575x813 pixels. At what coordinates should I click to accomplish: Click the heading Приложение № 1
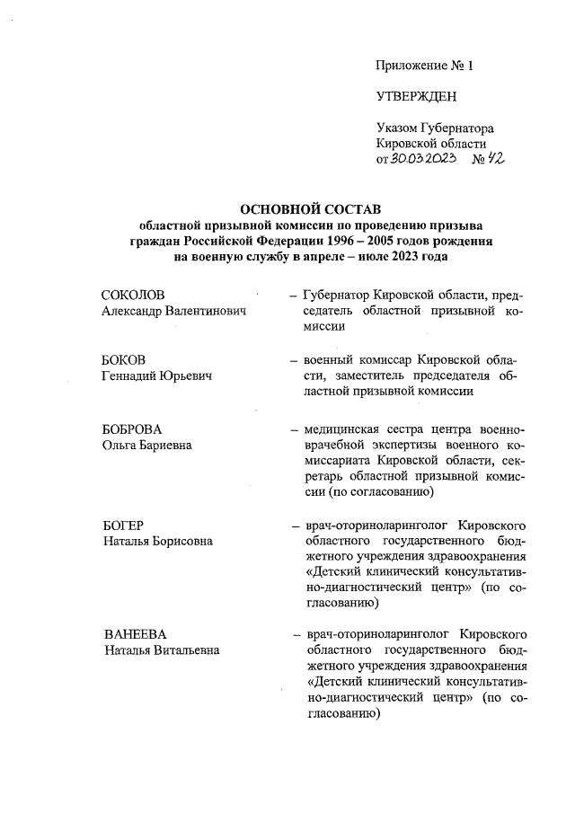point(424,66)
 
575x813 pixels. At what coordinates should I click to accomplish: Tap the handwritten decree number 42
point(491,158)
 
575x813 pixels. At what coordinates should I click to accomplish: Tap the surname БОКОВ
point(124,359)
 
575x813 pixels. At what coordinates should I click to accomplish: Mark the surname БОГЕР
point(123,526)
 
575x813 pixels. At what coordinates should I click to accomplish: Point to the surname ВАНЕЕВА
point(132,634)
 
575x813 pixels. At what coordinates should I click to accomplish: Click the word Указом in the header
point(397,128)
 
